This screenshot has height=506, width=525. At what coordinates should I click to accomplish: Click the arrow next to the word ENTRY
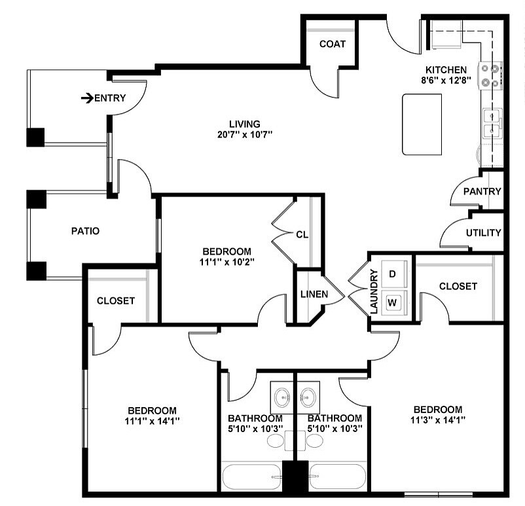[x=87, y=99]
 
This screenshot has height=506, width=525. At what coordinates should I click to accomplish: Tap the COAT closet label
[x=332, y=44]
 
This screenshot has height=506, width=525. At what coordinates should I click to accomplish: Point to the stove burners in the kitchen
[x=491, y=75]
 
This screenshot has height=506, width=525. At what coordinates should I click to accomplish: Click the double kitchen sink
[x=492, y=124]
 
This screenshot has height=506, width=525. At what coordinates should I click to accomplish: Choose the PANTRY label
[x=482, y=192]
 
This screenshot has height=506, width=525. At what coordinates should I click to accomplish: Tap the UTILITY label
[x=484, y=232]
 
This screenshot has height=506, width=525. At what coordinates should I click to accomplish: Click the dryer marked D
[x=393, y=274]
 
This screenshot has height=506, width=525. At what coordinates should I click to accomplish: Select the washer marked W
[x=393, y=302]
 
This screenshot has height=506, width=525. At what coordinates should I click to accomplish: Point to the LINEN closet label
[x=314, y=294]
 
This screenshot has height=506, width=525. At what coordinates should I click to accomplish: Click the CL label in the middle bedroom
[x=302, y=234]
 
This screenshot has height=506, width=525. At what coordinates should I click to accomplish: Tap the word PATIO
[x=85, y=231]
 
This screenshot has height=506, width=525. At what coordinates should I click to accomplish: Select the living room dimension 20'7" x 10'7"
[x=245, y=134]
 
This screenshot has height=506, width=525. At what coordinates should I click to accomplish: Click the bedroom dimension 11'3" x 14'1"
[x=437, y=420]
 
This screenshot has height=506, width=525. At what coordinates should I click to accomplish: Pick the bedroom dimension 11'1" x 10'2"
[x=226, y=261]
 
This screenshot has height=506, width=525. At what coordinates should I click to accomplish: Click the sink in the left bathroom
[x=282, y=396]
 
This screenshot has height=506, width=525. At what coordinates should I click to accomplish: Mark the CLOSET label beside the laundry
[x=458, y=286]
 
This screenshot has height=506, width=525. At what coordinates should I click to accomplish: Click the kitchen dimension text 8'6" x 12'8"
[x=446, y=81]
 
